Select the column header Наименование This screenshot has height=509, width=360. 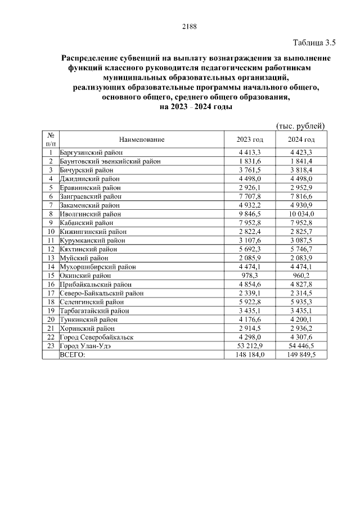pos(141,139)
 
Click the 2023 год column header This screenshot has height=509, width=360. pos(250,139)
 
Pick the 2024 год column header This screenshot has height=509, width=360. pos(301,139)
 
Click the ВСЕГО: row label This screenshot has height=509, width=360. pos(73,355)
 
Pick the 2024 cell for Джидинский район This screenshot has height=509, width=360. pos(301,179)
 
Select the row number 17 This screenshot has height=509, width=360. pos(51,293)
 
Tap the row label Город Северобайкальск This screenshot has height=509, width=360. pos(96,337)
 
